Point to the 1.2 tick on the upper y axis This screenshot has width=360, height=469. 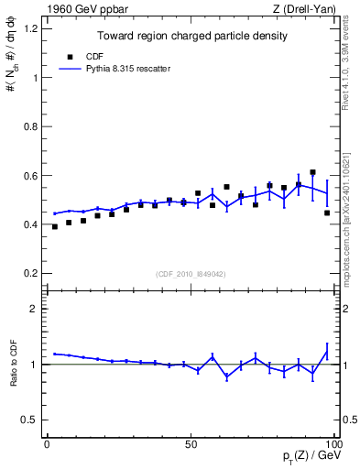[30, 28]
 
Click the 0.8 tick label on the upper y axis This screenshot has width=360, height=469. [30, 126]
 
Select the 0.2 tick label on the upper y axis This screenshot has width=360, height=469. [30, 273]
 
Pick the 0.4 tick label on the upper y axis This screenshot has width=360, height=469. [30, 224]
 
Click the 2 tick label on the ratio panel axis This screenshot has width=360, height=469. [35, 309]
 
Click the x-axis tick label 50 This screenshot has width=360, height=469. [191, 444]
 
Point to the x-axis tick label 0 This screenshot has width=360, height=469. [48, 444]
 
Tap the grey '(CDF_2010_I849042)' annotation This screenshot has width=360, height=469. [191, 273]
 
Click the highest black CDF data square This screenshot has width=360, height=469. [312, 172]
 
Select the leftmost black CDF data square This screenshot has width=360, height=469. [55, 226]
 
